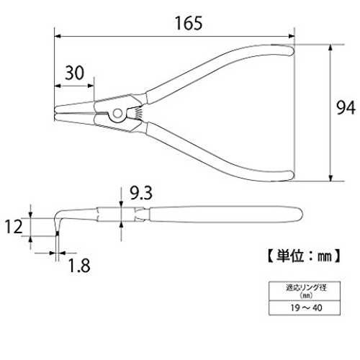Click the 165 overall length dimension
coord(189,23)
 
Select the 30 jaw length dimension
coord(75,73)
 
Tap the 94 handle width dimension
coord(346,108)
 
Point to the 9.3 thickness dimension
coord(141,194)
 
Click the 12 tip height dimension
coord(14,227)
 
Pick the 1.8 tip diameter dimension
coord(79,266)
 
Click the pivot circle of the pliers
coord(117,114)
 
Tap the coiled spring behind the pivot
coord(138,112)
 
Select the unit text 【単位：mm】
coord(304,256)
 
